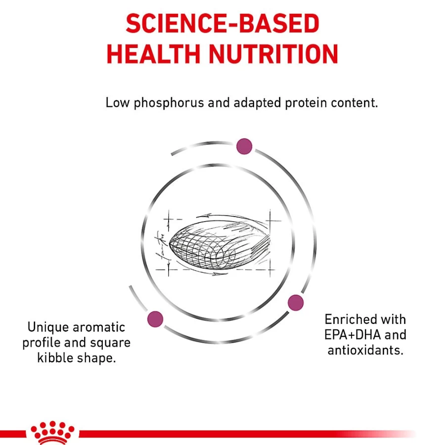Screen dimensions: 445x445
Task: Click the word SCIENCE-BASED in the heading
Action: [222, 23]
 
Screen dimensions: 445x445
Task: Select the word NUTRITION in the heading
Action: [273, 54]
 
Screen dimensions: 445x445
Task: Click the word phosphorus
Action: [169, 103]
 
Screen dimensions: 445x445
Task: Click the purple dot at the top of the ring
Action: [244, 146]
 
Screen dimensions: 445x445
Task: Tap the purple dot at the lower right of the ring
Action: [296, 303]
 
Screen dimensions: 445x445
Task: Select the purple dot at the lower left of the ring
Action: [155, 319]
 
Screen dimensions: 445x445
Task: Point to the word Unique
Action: [48, 327]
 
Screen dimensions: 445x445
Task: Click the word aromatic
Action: [99, 327]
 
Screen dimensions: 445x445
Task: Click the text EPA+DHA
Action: [352, 335]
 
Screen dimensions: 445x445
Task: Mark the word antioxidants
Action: [365, 350]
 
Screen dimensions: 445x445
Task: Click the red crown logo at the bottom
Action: [52, 433]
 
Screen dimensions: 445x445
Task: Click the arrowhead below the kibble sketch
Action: [218, 274]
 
